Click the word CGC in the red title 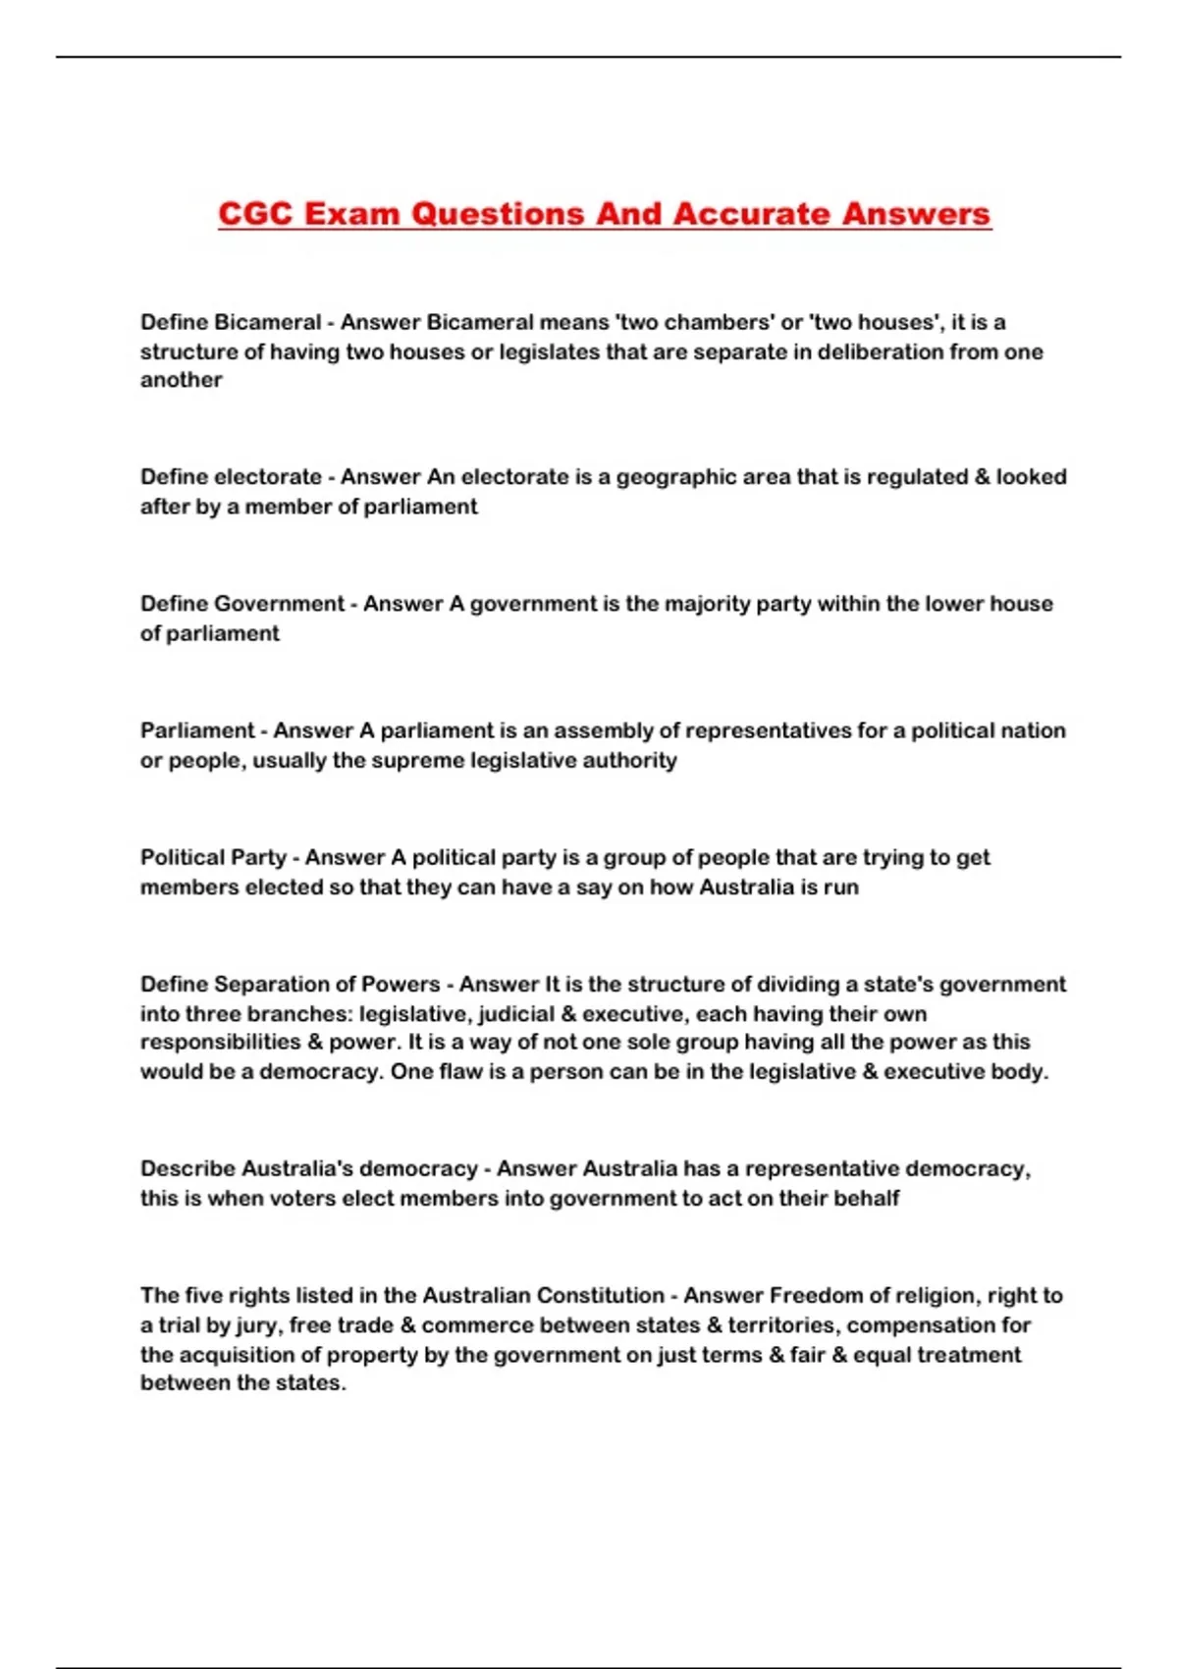[256, 214]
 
